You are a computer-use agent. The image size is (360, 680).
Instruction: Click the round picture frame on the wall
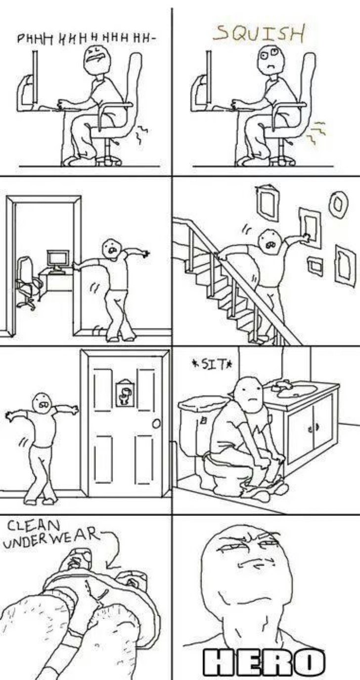tap(338, 204)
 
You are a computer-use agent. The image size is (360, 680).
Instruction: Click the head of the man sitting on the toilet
tap(250, 395)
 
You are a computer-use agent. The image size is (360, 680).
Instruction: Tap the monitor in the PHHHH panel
tap(35, 78)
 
